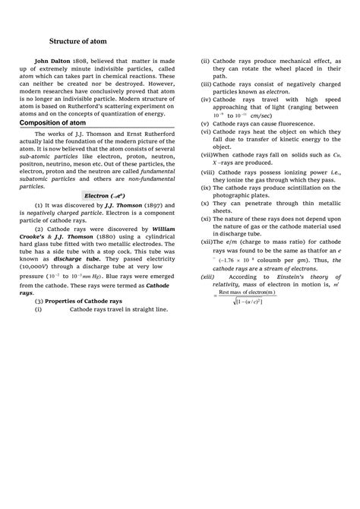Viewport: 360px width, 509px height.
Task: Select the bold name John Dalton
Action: (x=54, y=77)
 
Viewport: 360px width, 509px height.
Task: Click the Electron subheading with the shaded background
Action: (x=109, y=195)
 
